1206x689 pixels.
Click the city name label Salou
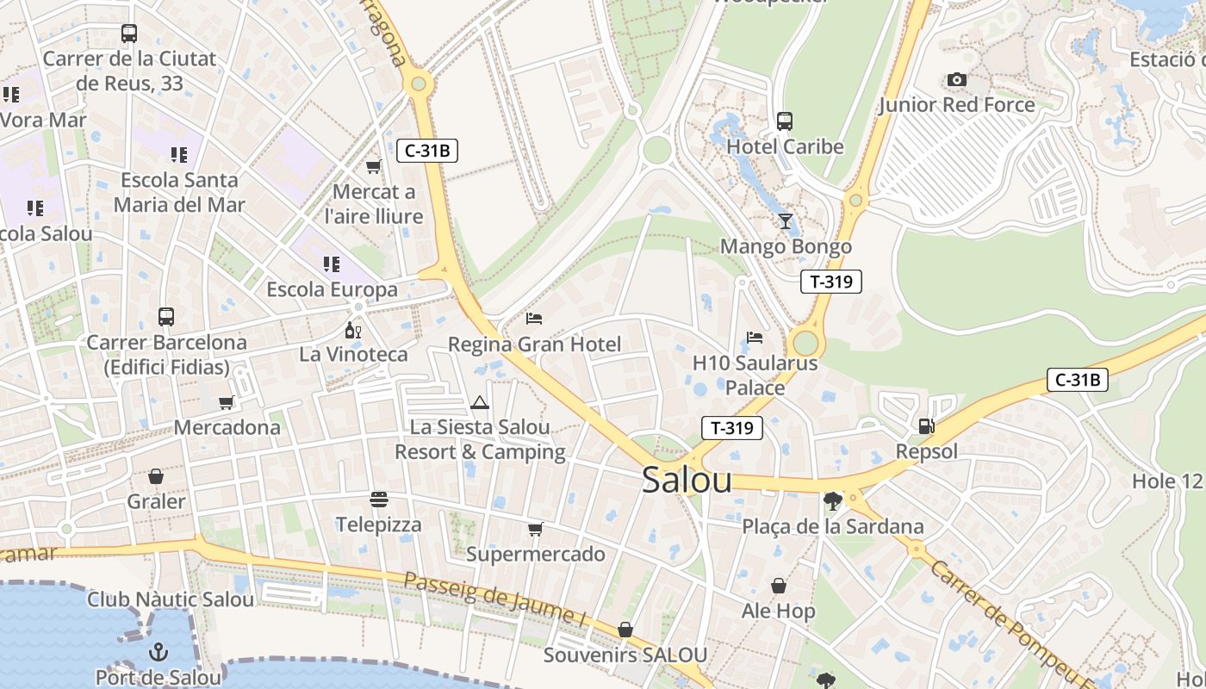pos(687,481)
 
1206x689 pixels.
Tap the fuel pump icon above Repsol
pos(926,425)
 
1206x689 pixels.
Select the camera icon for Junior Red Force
pos(956,80)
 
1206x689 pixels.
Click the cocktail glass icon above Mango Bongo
pos(785,221)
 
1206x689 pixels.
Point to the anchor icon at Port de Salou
pos(158,651)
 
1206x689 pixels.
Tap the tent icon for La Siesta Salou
pos(480,402)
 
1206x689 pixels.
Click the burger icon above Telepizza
pos(378,500)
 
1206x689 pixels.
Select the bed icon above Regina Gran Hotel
pos(534,319)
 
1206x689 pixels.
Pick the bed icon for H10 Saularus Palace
pos(755,338)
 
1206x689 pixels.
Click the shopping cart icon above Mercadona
pos(227,402)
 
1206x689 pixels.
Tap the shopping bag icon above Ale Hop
pos(779,586)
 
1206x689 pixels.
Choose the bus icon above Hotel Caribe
pos(784,121)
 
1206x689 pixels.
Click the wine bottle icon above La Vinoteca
pos(352,330)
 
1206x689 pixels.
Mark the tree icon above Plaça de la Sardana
pos(832,500)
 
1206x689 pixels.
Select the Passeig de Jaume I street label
pos(494,598)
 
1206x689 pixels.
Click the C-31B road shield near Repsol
pos(1077,380)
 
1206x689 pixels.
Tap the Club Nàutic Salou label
pos(171,599)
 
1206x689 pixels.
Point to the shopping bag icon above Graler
pos(156,476)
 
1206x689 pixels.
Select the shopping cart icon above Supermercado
pos(535,529)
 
